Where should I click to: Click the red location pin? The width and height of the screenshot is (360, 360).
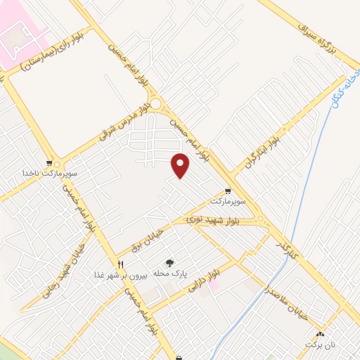coord(181,165)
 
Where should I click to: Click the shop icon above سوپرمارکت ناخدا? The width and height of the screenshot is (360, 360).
coord(49,162)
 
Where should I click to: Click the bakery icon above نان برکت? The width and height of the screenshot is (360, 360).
coord(321,334)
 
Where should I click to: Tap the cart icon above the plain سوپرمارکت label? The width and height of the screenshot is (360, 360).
coord(228,191)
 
